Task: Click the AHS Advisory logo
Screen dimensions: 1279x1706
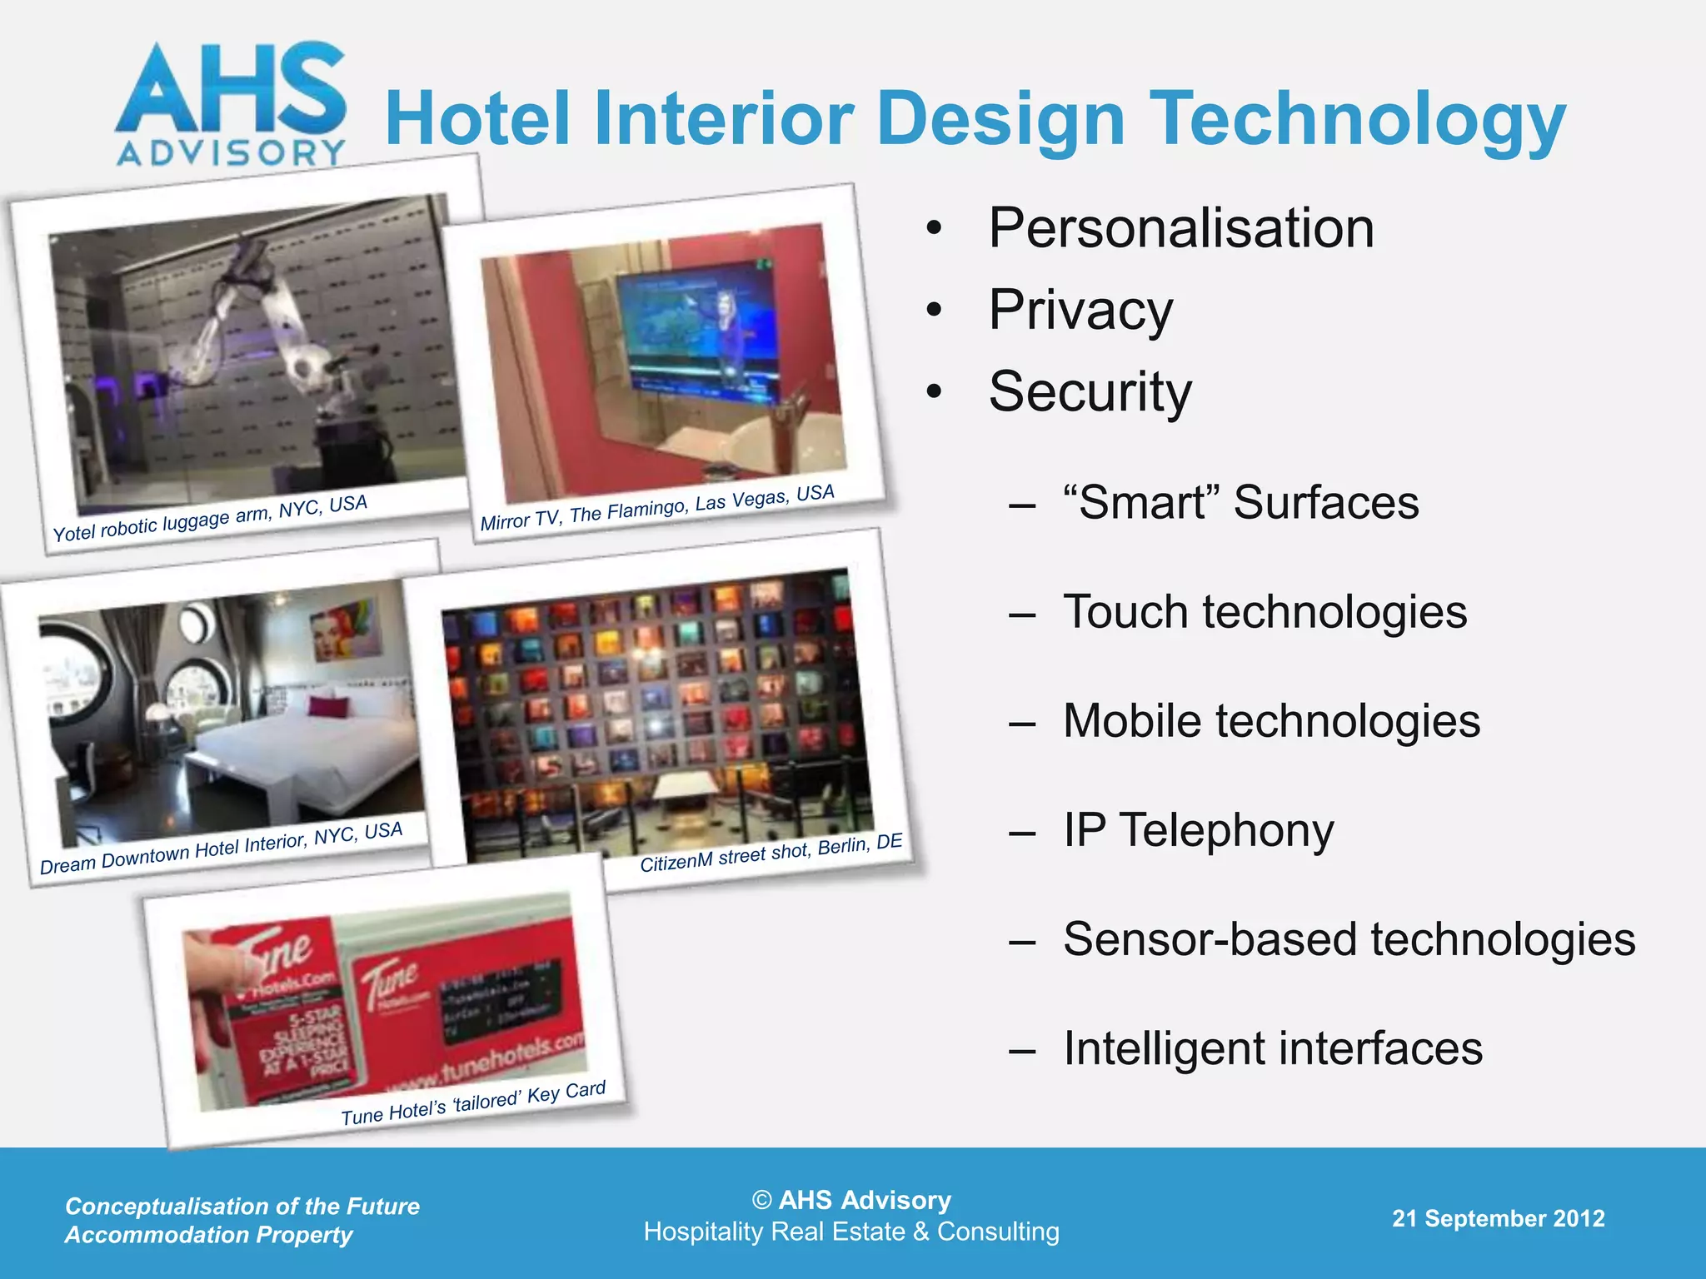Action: (231, 103)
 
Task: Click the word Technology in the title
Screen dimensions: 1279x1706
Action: (1357, 120)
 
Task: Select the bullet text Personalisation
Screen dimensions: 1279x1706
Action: (1180, 228)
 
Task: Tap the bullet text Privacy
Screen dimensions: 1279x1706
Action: (1080, 310)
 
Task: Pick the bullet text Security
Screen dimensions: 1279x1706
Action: (1090, 391)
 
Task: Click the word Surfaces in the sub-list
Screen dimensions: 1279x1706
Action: (1325, 502)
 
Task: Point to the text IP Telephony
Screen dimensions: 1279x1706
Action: (1198, 830)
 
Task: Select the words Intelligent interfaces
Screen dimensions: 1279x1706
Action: (1272, 1048)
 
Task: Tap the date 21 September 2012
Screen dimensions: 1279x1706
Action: (1498, 1218)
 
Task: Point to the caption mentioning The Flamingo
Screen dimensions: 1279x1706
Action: (657, 506)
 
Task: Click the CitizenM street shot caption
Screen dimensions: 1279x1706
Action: (771, 853)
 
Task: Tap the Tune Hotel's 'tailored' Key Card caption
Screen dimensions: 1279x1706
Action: (473, 1103)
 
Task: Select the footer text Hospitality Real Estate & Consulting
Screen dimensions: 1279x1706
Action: (851, 1232)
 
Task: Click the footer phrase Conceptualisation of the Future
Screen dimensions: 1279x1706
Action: (242, 1206)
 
